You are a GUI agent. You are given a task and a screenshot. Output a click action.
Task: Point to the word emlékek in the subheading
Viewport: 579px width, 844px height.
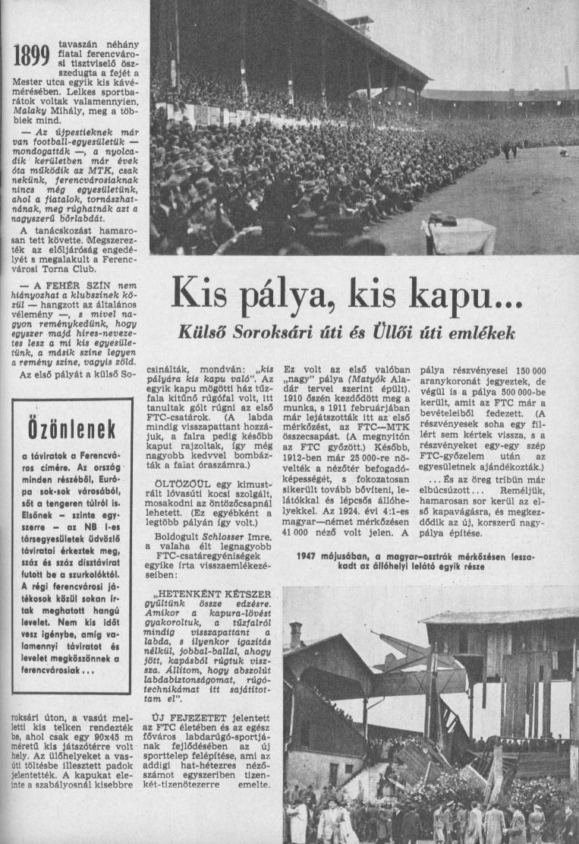[x=482, y=333]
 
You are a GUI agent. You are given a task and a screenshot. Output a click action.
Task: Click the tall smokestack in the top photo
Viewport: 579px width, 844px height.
[x=566, y=78]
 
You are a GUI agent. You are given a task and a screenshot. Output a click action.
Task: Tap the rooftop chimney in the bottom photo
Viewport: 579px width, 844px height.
[x=296, y=636]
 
